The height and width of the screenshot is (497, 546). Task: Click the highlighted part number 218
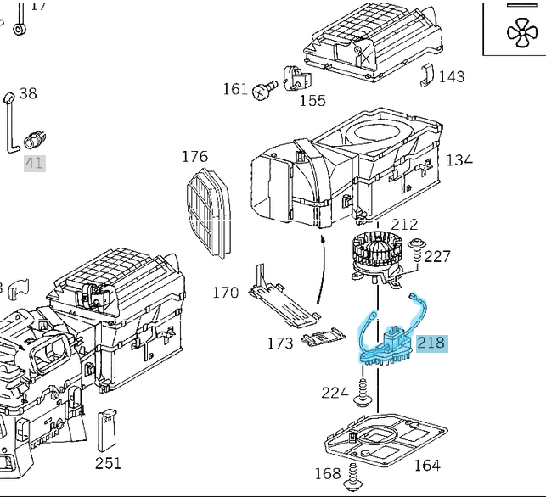click(431, 343)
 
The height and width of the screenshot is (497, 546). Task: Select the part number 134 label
click(459, 159)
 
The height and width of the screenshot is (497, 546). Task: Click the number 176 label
click(194, 157)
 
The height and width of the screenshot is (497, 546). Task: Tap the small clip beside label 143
click(426, 75)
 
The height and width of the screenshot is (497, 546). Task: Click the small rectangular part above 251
click(107, 431)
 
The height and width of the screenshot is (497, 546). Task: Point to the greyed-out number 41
click(33, 162)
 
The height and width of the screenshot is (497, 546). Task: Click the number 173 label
click(279, 343)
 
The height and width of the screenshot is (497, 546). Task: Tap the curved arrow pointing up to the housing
click(321, 271)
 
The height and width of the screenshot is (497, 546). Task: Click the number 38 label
click(28, 92)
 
